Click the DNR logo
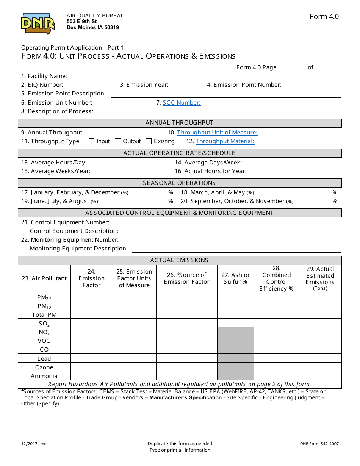(x=38, y=23)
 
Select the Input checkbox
(x=91, y=141)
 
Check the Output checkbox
(x=118, y=141)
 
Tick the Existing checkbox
(x=149, y=141)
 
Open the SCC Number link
(x=182, y=103)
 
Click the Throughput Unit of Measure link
(x=217, y=133)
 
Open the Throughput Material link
(x=225, y=141)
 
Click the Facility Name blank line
(x=206, y=77)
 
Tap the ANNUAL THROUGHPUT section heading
(x=179, y=123)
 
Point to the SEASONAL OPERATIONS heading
(x=179, y=183)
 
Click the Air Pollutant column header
(x=44, y=278)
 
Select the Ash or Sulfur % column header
(x=235, y=278)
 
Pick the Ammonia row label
(x=44, y=376)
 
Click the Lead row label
(x=44, y=359)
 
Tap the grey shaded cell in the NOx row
(x=235, y=332)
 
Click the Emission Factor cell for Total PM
(x=91, y=315)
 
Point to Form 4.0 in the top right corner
(x=324, y=17)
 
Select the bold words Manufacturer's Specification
(x=185, y=398)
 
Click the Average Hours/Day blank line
(x=133, y=163)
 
